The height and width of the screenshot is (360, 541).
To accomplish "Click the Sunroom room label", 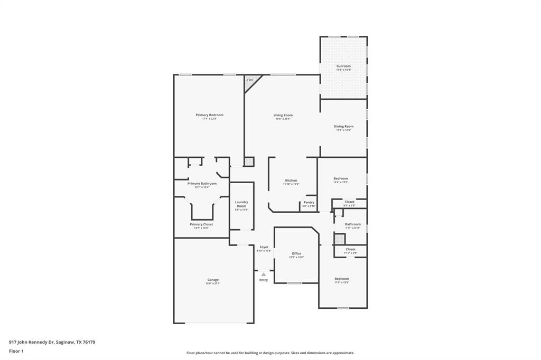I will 343,66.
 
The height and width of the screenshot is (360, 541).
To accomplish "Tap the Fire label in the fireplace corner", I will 250,80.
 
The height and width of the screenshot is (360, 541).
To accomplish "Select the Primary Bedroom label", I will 209,115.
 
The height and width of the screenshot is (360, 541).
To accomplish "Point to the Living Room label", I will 283,115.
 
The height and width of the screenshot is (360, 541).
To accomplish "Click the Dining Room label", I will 343,126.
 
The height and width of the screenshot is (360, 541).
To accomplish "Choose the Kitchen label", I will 291,181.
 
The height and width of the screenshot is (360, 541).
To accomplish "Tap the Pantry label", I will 309,202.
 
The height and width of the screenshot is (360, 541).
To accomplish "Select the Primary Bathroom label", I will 202,183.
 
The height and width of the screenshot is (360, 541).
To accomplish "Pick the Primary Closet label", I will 201,224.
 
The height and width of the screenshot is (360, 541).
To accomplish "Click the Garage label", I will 213,280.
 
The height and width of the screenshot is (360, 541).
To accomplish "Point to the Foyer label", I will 264,247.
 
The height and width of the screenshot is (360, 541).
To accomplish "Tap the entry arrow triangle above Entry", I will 264,274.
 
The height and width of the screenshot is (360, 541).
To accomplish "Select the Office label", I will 296,253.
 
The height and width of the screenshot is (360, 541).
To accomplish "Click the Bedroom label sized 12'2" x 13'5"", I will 341,178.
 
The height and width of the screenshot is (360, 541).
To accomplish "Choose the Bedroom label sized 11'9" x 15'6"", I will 342,279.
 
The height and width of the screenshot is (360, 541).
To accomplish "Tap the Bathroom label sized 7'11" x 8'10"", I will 353,224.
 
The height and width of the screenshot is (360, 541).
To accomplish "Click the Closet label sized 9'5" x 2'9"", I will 350,202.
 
